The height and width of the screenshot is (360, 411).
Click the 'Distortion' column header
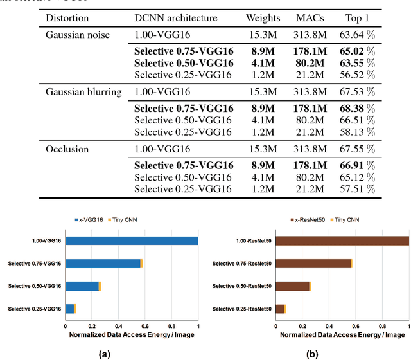tap(67, 18)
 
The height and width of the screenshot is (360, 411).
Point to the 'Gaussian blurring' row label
tap(83, 92)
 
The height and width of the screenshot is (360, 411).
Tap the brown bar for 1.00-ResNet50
tap(342, 241)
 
